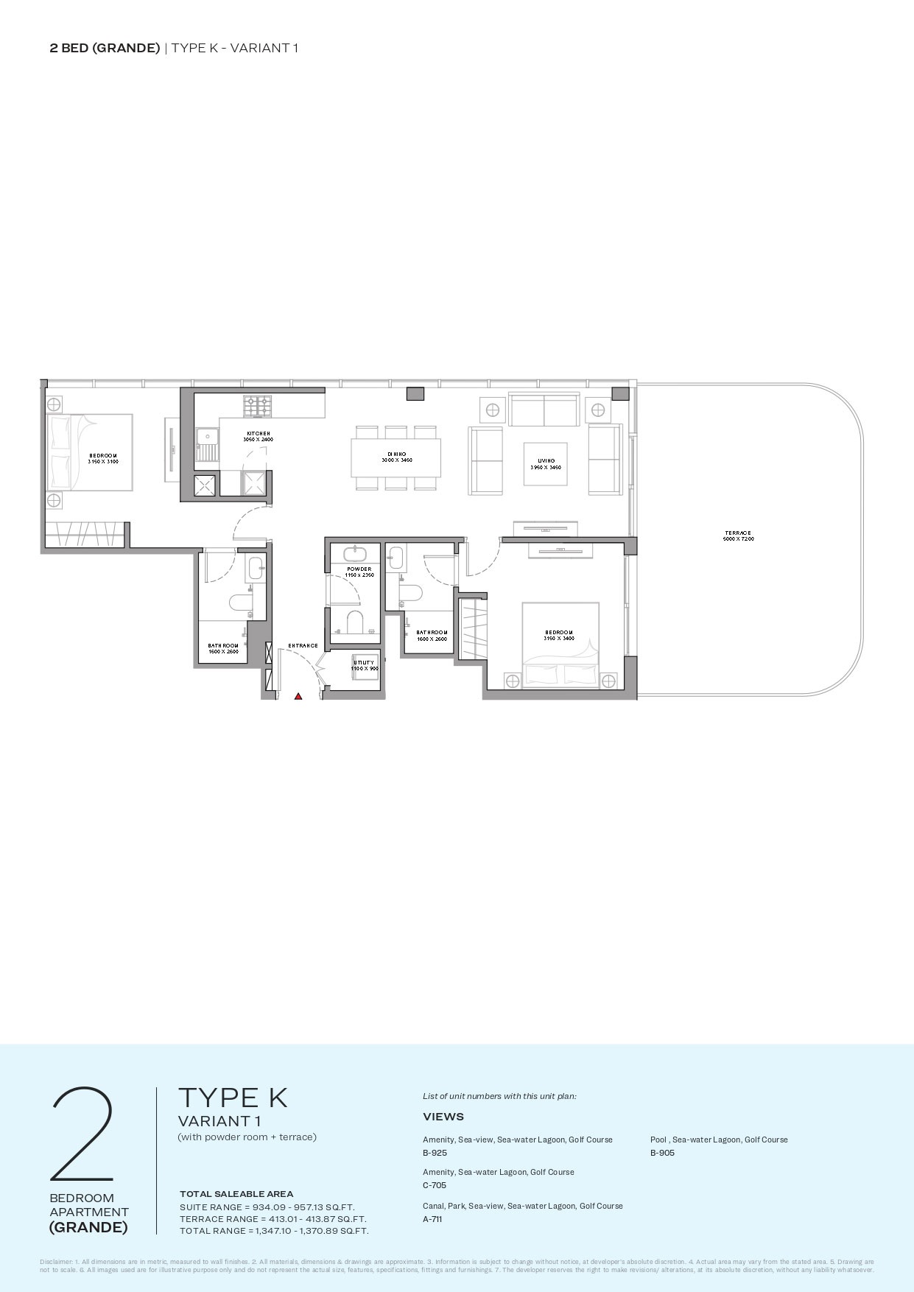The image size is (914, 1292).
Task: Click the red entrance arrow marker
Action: pyautogui.click(x=298, y=695)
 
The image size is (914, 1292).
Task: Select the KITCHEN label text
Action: pyautogui.click(x=258, y=434)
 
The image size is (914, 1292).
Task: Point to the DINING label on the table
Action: pyautogui.click(x=396, y=454)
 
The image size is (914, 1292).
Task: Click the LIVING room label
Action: pyautogui.click(x=546, y=461)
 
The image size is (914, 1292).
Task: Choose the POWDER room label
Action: pyautogui.click(x=359, y=569)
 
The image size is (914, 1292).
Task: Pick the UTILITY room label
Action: pyautogui.click(x=364, y=662)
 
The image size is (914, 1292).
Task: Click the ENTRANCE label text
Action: pyautogui.click(x=303, y=646)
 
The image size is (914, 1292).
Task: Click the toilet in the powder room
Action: pyautogui.click(x=355, y=620)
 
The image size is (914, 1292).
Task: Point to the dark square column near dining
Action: pyautogui.click(x=416, y=393)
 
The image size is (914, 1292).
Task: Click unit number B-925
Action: pyautogui.click(x=435, y=1153)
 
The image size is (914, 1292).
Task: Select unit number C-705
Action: pyautogui.click(x=435, y=1185)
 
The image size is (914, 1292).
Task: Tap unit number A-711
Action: pyautogui.click(x=432, y=1219)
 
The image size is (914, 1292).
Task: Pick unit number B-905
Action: pyautogui.click(x=662, y=1153)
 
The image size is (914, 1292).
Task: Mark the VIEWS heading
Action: pyautogui.click(x=443, y=1117)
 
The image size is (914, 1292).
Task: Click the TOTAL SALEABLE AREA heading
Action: pyautogui.click(x=236, y=1194)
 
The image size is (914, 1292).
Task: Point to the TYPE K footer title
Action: pyautogui.click(x=232, y=1098)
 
